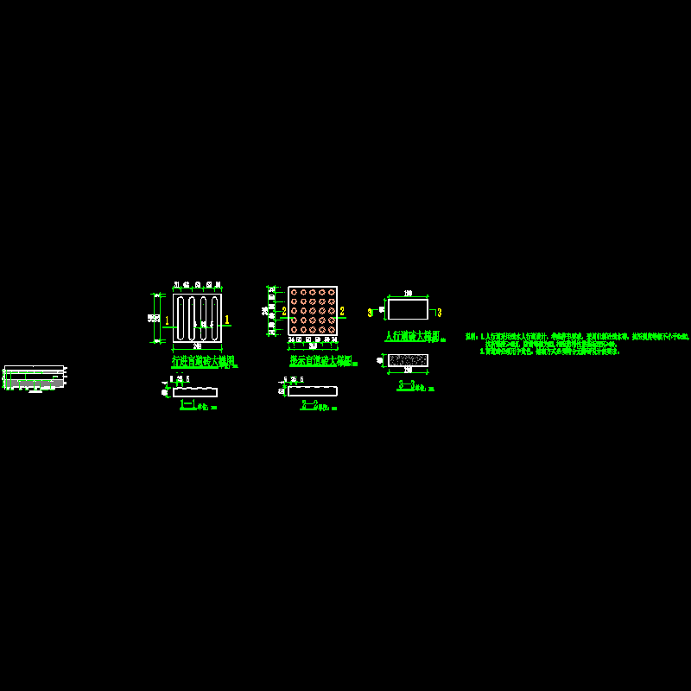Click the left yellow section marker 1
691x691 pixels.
pos(167,320)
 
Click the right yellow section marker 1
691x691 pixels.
pos(227,320)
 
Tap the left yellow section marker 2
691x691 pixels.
pos(283,311)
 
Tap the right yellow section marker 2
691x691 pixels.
pos(342,311)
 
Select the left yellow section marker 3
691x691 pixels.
pos(371,312)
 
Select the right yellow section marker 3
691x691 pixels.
pos(439,312)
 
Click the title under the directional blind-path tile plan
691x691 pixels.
pos(203,360)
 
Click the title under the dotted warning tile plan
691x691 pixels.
pos(321,360)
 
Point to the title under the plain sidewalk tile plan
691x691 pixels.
pos(412,335)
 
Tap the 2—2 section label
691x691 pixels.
pos(309,404)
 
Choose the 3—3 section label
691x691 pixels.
pos(407,385)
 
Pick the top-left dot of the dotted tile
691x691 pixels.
pos(294,292)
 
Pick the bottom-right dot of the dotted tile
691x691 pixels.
pos(332,330)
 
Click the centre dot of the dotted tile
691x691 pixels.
pos(313,311)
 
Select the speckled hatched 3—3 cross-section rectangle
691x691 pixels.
pos(408,360)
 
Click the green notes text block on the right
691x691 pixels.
pos(576,344)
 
